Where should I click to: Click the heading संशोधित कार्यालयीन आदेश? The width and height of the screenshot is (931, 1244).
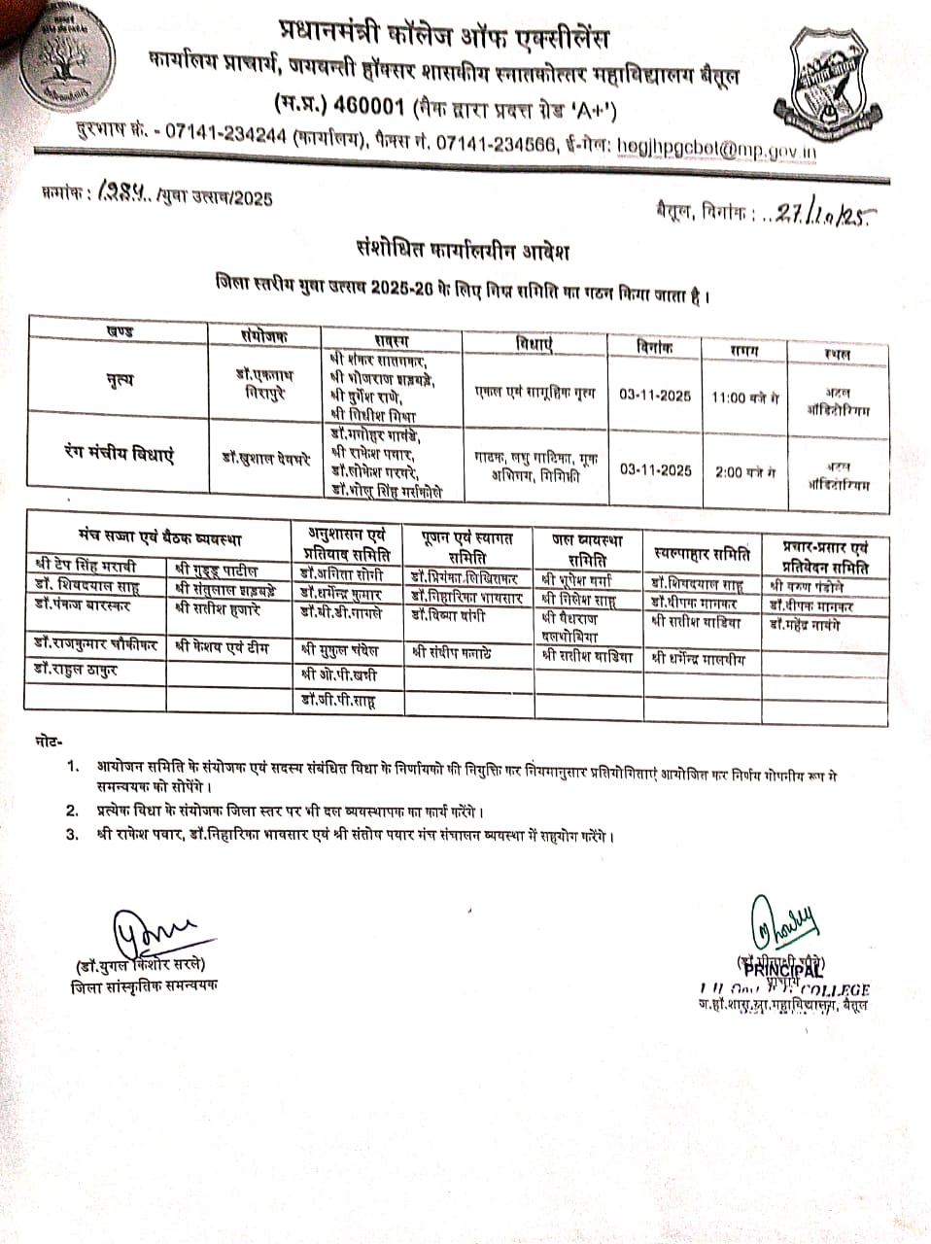pyautogui.click(x=462, y=252)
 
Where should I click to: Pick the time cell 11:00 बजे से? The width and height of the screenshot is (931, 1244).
pyautogui.click(x=745, y=397)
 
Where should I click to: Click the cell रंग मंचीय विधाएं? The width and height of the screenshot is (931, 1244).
pyautogui.click(x=119, y=453)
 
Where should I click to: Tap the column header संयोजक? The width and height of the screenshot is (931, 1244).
pyautogui.click(x=263, y=332)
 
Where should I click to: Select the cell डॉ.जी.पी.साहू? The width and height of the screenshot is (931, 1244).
pyautogui.click(x=338, y=700)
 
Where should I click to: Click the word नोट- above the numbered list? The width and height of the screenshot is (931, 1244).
pyautogui.click(x=47, y=743)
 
